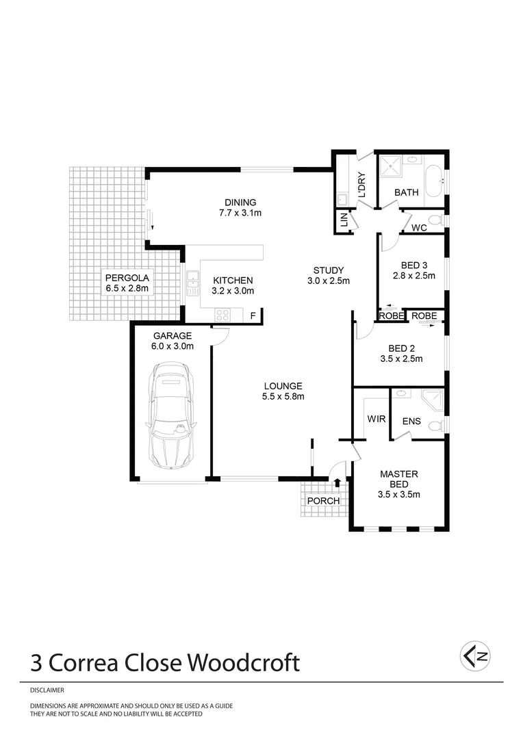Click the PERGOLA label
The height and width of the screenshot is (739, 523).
(127, 278)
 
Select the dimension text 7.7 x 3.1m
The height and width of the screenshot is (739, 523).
(240, 213)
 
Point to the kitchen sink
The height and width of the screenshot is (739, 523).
(192, 282)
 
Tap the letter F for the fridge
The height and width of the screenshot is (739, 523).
(253, 315)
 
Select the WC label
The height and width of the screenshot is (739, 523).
(420, 228)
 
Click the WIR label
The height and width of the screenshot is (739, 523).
(376, 418)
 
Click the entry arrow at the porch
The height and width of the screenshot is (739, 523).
(337, 484)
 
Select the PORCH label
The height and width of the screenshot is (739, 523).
(323, 501)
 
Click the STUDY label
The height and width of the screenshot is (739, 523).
(329, 270)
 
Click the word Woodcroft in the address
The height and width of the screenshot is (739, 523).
(244, 662)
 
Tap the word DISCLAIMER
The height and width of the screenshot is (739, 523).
(47, 691)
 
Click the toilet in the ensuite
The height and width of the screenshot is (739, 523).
(435, 426)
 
